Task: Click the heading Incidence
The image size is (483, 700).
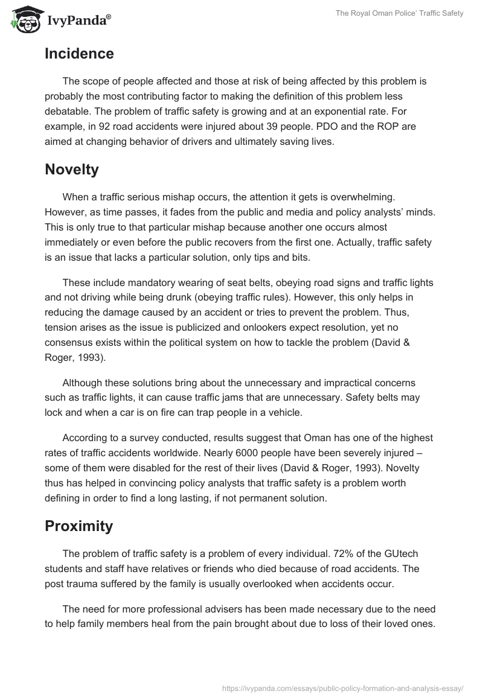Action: coord(79,54)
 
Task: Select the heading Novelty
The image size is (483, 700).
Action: coord(72,170)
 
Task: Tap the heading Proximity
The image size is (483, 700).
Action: coord(78,526)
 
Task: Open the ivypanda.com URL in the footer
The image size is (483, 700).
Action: coord(342,687)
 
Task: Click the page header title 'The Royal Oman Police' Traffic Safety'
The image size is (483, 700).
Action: coord(400,13)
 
